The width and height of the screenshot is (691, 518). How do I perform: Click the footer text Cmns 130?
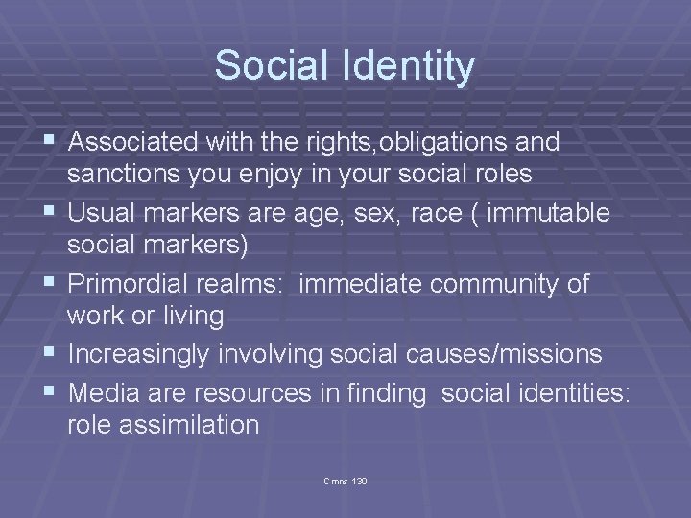345,479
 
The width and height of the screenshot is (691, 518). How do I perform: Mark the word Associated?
131,143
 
